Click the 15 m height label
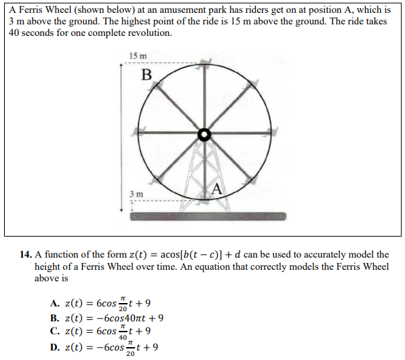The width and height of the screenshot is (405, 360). coord(134,56)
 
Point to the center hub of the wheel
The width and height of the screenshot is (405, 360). coord(204,135)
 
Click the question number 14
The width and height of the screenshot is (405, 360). coord(26,254)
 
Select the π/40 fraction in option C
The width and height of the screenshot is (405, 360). coord(123,332)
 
